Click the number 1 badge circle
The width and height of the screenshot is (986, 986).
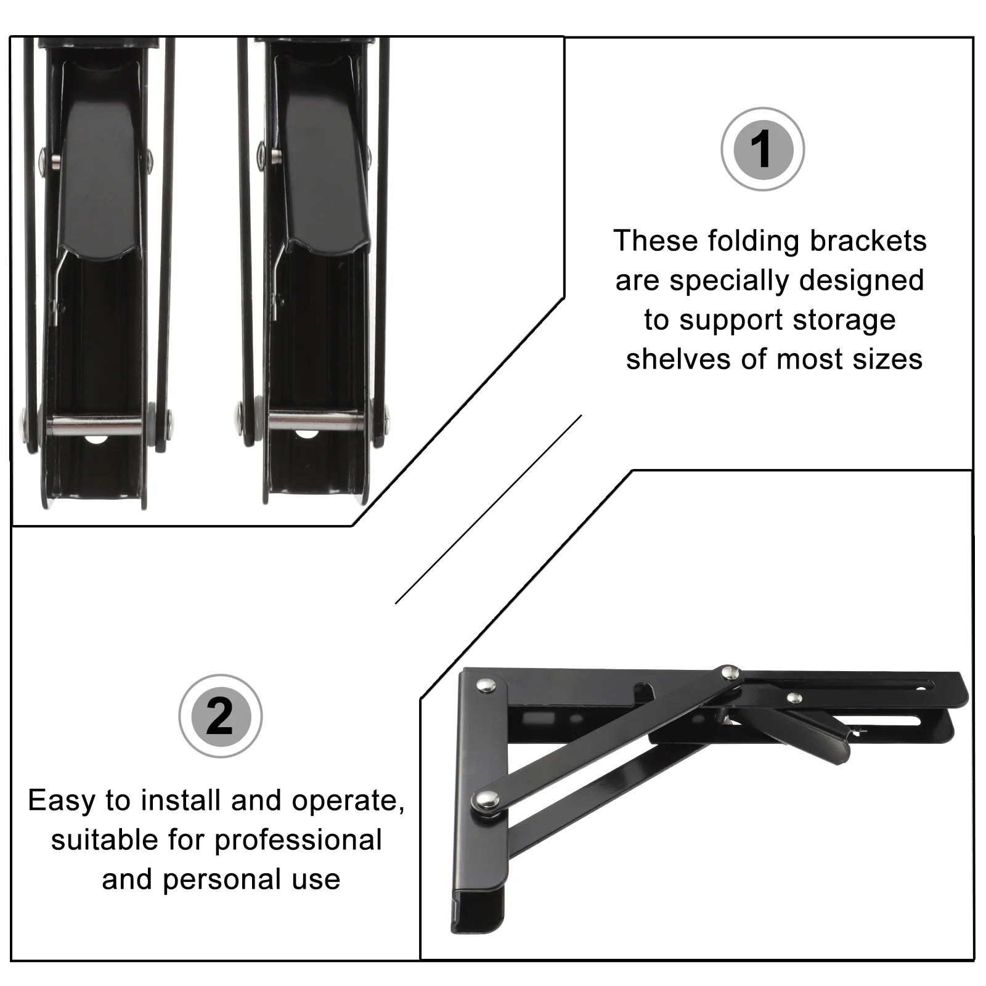tap(762, 149)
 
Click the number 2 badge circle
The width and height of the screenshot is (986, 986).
tap(220, 716)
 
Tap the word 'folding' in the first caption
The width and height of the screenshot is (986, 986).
tap(757, 241)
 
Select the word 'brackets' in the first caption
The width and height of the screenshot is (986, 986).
tap(868, 241)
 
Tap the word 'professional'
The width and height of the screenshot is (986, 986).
tap(298, 840)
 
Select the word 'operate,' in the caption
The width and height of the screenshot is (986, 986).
tap(348, 801)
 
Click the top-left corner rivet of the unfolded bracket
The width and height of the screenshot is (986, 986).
tap(487, 684)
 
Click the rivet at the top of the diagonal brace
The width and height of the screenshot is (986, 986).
tap(731, 672)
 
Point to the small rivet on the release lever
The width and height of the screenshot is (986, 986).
tap(796, 698)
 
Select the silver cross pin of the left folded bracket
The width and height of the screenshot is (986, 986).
tap(96, 425)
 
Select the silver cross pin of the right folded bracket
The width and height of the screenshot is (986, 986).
tap(316, 422)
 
